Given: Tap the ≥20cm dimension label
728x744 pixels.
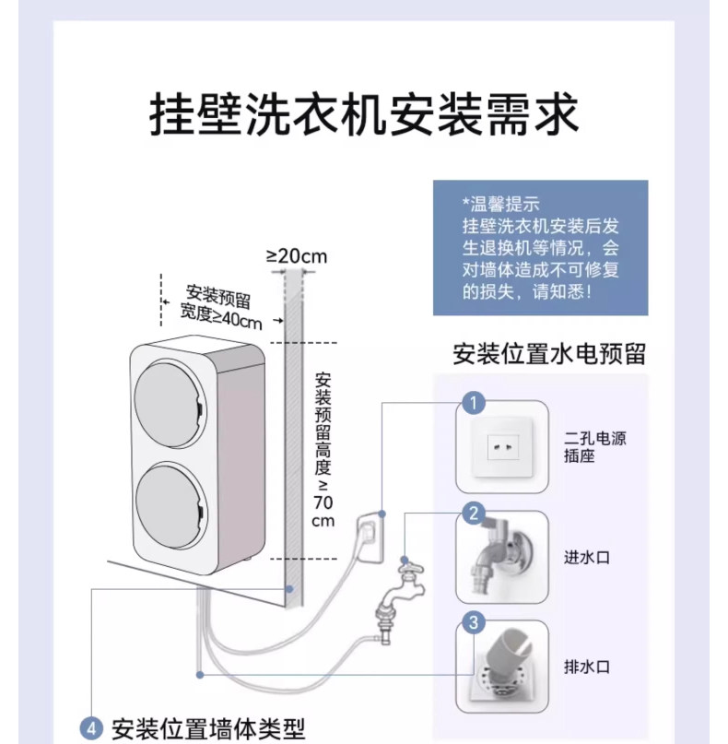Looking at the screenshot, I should point(297,255).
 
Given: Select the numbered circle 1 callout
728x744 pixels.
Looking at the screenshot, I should point(474,403).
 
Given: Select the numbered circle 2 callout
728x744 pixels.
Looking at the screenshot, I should point(474,514).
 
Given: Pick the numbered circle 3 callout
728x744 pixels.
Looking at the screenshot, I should point(474,623).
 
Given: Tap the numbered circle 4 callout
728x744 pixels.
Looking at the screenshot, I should point(90,728).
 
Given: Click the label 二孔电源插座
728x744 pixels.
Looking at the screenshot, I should point(595,447).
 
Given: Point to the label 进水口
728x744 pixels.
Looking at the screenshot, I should point(586,557).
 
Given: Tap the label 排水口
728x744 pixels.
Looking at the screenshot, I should point(586,667).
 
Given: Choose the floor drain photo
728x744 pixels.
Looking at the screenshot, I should point(502,668).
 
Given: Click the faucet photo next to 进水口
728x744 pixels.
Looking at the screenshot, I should point(502,558).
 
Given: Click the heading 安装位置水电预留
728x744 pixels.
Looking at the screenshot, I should point(548,354).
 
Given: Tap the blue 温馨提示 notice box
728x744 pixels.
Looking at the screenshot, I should point(541,248).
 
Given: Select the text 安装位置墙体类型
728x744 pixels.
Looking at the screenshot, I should point(207,728).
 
